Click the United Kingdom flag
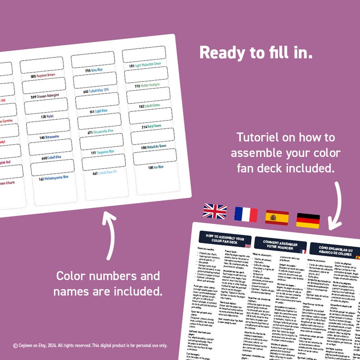[214, 211]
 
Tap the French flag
[246, 214]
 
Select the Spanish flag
[277, 218]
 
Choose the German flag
[308, 220]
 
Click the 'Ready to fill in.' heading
[256, 52]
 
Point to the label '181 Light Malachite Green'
[145, 65]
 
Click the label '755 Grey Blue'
[94, 71]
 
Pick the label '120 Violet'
[47, 117]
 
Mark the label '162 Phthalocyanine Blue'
[54, 178]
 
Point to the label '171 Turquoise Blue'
[102, 153]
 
